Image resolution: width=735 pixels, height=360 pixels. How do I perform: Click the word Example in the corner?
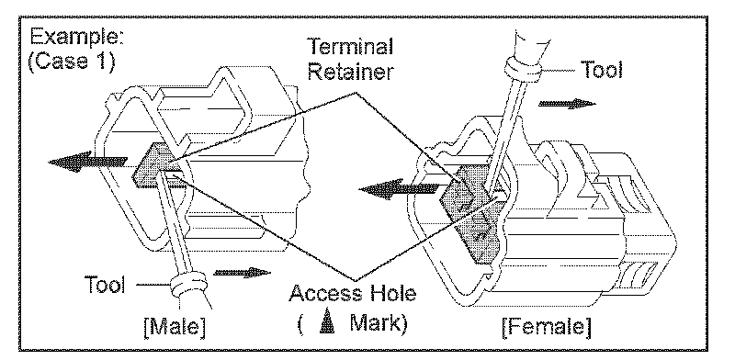(76, 38)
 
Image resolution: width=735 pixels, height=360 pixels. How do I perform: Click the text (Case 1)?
(71, 62)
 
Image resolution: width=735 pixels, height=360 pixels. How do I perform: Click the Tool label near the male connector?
(105, 284)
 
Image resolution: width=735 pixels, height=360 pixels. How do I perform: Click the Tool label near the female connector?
(602, 70)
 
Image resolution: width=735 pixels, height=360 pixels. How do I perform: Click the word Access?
(323, 294)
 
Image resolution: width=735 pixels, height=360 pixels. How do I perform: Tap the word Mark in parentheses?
(376, 324)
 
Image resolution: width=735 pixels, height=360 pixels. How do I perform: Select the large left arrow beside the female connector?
(399, 189)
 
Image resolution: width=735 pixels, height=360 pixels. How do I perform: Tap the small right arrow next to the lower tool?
(242, 273)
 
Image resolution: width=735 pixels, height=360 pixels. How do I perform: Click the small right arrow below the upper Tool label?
(567, 103)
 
